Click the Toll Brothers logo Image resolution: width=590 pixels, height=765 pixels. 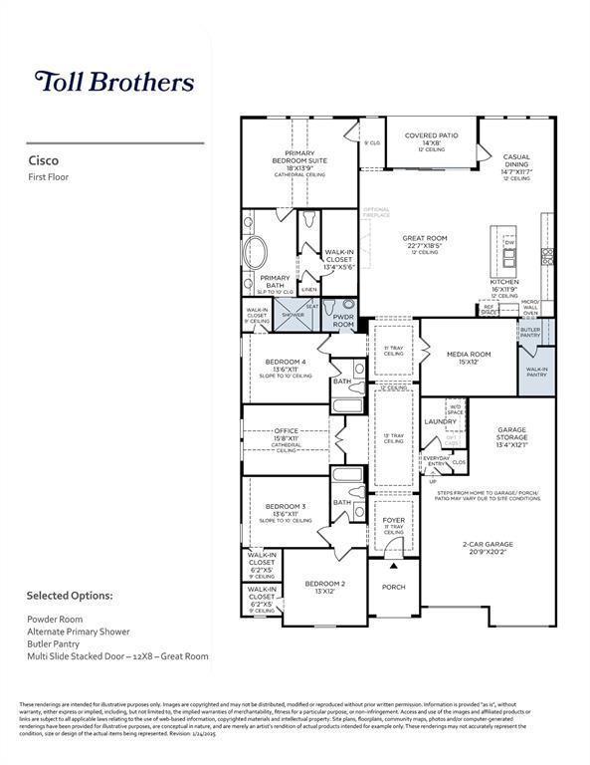pos(114,82)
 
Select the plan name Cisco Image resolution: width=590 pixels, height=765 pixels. pos(43,160)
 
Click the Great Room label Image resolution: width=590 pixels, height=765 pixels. pos(425,239)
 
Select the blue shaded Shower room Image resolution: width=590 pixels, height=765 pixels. pos(292,314)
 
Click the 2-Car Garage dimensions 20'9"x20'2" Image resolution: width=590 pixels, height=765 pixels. pos(487,552)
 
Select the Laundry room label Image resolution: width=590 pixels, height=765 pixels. pos(440,422)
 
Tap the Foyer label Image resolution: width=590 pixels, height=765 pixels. pos(394,520)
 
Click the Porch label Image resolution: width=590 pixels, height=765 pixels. pos(394,587)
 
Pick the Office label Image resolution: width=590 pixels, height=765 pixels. pos(287,431)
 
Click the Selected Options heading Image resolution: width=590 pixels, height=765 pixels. pos(70,596)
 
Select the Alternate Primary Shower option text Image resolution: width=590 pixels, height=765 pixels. pos(75,632)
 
